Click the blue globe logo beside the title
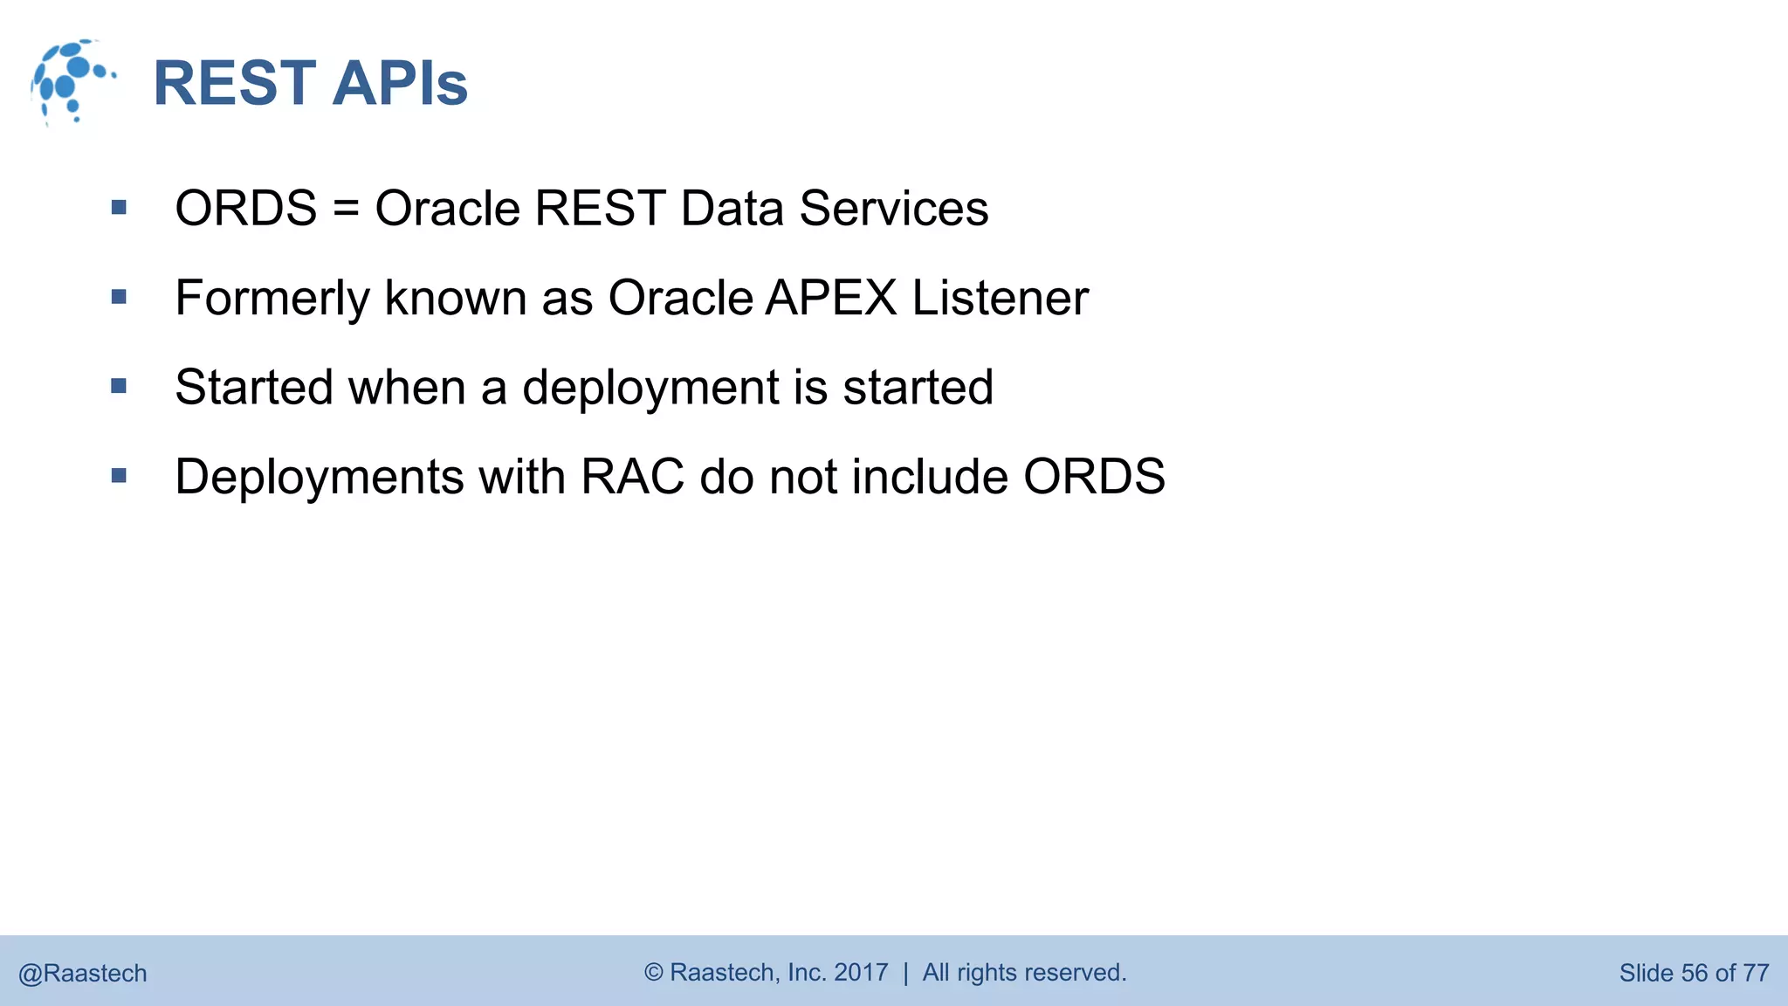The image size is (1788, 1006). pyautogui.click(x=72, y=82)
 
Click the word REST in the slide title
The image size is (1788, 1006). pyautogui.click(x=234, y=84)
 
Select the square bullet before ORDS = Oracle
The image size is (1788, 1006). pyautogui.click(x=120, y=208)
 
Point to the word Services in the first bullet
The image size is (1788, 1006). pyautogui.click(x=893, y=209)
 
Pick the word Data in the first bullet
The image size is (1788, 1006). pyautogui.click(x=732, y=209)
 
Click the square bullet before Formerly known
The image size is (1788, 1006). pyautogui.click(x=120, y=298)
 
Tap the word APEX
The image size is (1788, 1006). pyautogui.click(x=831, y=298)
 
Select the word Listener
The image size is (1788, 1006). pyautogui.click(x=1001, y=298)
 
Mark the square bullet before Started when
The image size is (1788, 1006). pyautogui.click(x=120, y=387)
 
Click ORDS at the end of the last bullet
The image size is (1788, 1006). pyautogui.click(x=1094, y=477)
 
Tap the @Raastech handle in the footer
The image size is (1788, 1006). pyautogui.click(x=83, y=973)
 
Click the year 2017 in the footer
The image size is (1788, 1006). pyautogui.click(x=861, y=973)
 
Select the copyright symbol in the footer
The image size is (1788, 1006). pyautogui.click(x=654, y=973)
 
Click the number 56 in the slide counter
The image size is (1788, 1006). pyautogui.click(x=1694, y=973)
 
